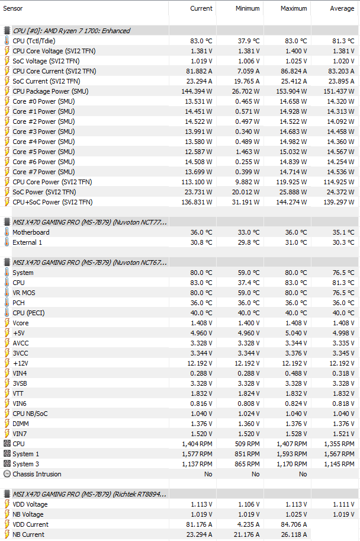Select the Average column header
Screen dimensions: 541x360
pos(342,8)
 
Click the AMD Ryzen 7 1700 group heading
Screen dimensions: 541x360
pos(71,31)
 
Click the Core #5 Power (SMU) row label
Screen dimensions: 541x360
pos(43,152)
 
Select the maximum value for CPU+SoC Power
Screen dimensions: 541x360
pos(291,202)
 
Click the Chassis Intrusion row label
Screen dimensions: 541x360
pos(37,474)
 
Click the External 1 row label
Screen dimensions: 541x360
pos(27,242)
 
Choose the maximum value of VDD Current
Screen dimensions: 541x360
pos(291,524)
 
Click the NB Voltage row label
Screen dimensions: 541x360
pos(28,514)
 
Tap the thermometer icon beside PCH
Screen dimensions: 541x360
pos(7,303)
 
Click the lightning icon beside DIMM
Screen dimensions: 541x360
pos(7,424)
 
